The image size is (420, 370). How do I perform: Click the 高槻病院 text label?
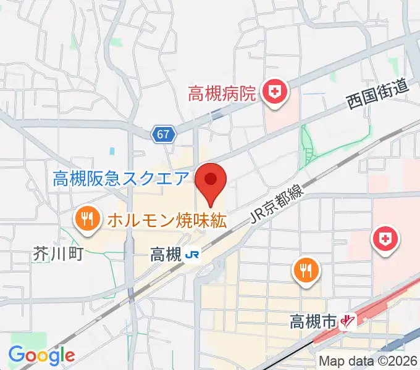(x=222, y=94)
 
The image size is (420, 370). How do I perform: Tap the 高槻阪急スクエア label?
(x=120, y=179)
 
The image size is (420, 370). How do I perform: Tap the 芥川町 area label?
(x=59, y=253)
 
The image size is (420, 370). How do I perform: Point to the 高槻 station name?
(x=165, y=254)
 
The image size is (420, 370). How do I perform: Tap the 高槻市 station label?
(x=313, y=321)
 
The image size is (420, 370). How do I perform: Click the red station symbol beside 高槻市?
(x=349, y=321)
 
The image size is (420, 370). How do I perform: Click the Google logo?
(x=41, y=355)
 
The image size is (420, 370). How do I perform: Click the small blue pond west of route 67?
(x=112, y=150)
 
